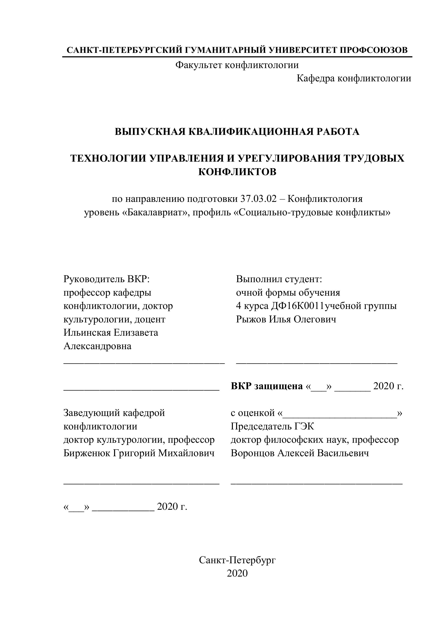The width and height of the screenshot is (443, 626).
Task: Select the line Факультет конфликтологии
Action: coord(237,65)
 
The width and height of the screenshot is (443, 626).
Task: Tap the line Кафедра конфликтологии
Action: coord(353,79)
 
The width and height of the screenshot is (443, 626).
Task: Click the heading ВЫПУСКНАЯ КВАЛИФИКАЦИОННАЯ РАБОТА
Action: coord(237,132)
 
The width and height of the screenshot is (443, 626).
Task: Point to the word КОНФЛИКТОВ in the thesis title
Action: coord(237,172)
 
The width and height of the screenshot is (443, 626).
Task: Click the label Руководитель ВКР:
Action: coord(107,279)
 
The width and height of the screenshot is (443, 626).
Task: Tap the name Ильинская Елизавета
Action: coord(111,333)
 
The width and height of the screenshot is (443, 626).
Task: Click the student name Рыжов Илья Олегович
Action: coord(286,319)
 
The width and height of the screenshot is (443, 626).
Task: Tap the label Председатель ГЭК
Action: coord(272,426)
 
